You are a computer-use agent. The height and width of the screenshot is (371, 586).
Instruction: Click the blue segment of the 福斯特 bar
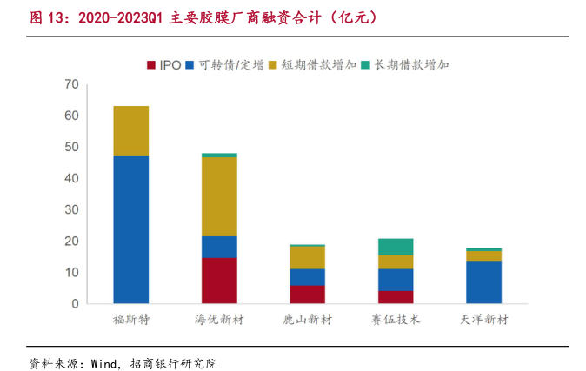[x=131, y=229]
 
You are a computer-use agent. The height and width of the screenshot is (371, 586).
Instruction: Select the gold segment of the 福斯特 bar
[x=131, y=130]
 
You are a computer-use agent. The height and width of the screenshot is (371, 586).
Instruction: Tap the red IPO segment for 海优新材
[x=219, y=281]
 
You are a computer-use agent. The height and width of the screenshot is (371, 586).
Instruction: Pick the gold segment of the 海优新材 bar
[x=219, y=196]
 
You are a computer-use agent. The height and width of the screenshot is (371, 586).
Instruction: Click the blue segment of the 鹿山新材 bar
[x=307, y=276]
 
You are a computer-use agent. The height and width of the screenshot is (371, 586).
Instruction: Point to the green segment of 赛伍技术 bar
[x=396, y=246]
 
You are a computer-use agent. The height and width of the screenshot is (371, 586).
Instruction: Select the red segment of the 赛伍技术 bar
[x=396, y=297]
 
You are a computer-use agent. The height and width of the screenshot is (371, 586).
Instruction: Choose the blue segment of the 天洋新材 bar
[x=483, y=282]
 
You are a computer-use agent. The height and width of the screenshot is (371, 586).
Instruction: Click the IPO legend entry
[x=164, y=65]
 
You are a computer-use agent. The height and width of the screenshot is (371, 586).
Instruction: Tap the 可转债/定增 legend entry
[x=225, y=65]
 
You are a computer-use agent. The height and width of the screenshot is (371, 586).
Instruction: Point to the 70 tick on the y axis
[x=71, y=84]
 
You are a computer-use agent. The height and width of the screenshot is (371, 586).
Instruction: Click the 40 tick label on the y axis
[x=71, y=178]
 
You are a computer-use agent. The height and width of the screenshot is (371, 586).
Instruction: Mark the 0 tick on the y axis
[x=76, y=304]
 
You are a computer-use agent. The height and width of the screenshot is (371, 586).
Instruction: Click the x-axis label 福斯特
[x=131, y=320]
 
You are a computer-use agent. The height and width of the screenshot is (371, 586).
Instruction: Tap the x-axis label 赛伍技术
[x=396, y=320]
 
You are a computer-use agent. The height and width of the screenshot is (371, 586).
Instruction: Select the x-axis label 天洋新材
[x=483, y=320]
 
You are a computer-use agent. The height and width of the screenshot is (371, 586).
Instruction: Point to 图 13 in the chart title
[x=27, y=17]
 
